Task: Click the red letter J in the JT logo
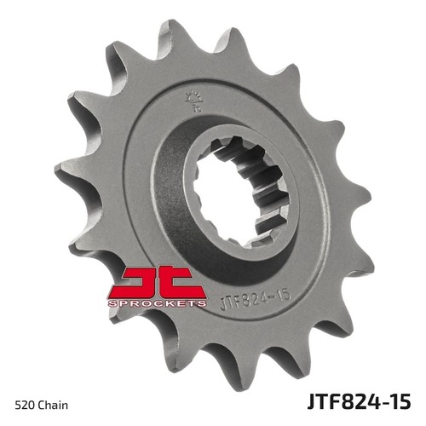(136, 282)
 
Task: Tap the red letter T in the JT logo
(175, 282)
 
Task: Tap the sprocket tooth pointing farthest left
(60, 170)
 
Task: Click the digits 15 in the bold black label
(400, 397)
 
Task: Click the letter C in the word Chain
(43, 398)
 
